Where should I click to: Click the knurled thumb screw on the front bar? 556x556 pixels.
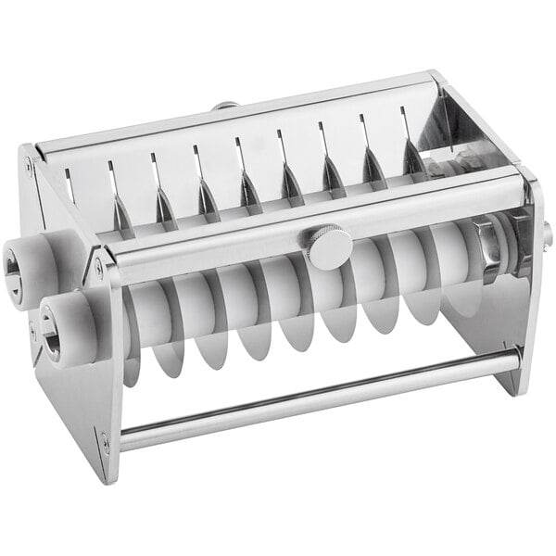pos(330,247)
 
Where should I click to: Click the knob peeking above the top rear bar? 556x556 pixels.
pos(224,107)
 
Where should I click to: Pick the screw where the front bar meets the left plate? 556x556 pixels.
pos(99,269)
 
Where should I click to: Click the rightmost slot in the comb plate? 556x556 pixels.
pos(404,115)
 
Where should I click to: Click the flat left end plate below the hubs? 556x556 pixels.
pos(74,398)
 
